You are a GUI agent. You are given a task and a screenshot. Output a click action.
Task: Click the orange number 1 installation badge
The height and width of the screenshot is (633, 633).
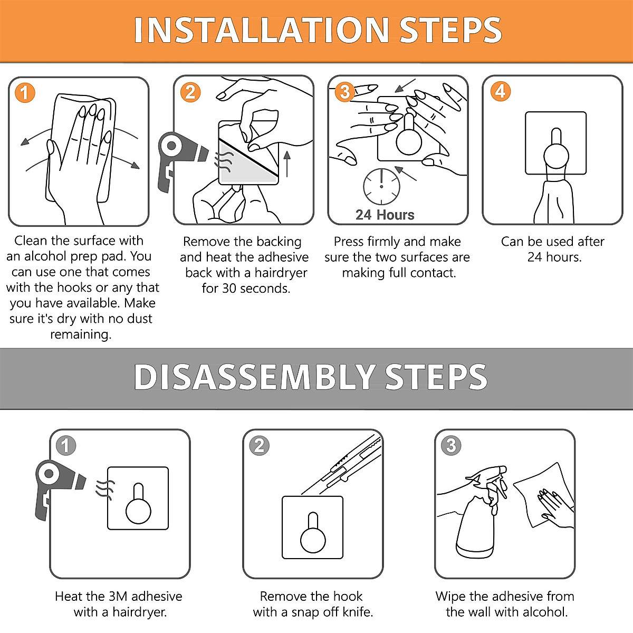point(25,93)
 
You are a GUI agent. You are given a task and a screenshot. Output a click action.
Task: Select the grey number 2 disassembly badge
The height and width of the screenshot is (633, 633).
point(259,446)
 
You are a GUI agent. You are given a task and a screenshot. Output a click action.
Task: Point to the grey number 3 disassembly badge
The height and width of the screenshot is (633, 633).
point(451,446)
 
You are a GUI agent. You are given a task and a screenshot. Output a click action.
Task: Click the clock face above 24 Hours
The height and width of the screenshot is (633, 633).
point(381,187)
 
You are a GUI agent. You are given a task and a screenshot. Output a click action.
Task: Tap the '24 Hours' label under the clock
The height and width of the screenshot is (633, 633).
point(385,215)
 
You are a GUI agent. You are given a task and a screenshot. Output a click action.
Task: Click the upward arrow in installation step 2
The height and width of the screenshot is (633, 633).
point(287,164)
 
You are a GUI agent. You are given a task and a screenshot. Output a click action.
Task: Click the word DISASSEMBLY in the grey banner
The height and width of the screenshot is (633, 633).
point(255,377)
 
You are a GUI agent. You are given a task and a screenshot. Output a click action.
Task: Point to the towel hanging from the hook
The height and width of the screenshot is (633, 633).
point(554,200)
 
